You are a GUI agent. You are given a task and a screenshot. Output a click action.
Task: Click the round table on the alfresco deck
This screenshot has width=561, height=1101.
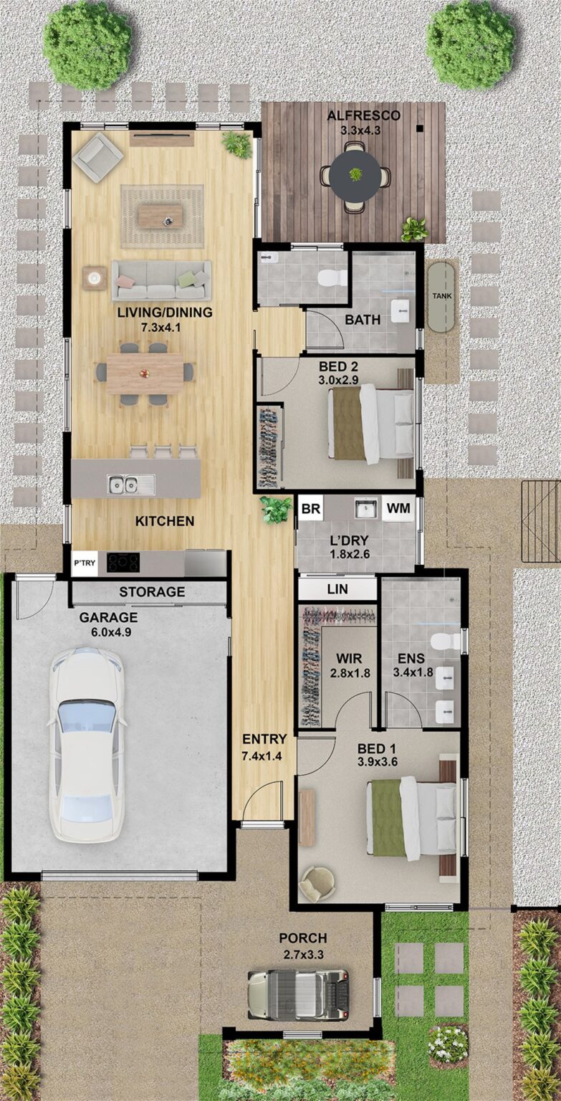click(355, 175)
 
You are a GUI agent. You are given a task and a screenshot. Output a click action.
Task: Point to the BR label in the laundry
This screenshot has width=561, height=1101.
click(310, 509)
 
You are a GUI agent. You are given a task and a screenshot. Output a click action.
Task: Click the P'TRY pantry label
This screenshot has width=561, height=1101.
click(85, 563)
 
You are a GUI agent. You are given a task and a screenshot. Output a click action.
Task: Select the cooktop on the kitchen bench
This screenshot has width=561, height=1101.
click(123, 562)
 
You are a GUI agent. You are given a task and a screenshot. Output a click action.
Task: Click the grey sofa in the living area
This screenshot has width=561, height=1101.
click(161, 280)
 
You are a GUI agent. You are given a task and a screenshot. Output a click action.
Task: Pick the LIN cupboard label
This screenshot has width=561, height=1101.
click(337, 589)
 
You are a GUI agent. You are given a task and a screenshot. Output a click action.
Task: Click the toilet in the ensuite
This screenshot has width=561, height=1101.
click(446, 641)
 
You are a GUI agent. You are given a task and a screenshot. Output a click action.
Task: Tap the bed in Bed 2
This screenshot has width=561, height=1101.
click(370, 423)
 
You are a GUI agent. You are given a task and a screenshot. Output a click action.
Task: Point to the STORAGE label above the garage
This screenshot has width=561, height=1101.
click(152, 592)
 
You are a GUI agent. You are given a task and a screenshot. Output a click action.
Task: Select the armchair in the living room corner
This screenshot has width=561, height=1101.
click(97, 157)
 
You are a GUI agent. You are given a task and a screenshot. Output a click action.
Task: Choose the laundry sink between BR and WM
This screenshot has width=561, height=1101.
click(365, 509)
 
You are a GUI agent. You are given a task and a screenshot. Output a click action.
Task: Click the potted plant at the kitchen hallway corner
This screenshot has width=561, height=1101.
click(276, 510)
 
